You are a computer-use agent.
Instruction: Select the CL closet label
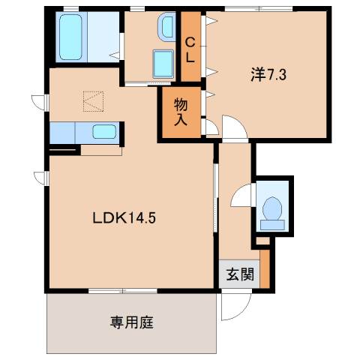click(190, 49)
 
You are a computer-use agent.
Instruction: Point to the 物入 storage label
click(181, 111)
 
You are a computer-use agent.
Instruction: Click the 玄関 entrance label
click(235, 274)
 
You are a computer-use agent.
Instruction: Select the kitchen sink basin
click(103, 133)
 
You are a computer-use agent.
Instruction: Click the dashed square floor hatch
click(91, 100)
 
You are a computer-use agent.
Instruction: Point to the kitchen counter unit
click(82, 133)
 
